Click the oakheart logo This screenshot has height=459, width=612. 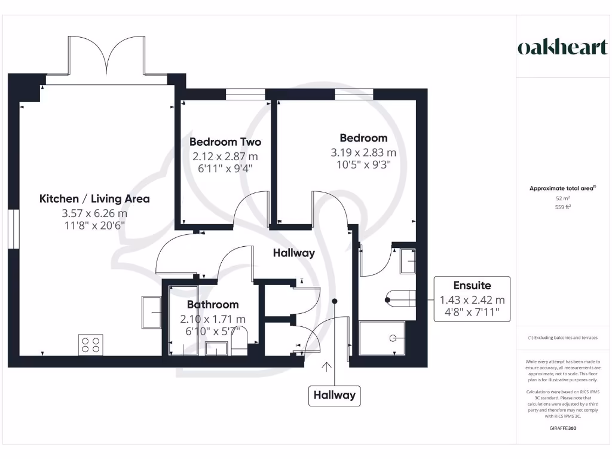562,48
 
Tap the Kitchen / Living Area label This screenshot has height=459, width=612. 94,198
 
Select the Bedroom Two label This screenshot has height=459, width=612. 225,142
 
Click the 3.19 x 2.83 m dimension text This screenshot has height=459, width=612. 363,152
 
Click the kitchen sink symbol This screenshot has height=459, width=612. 151,311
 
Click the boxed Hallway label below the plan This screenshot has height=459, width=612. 335,395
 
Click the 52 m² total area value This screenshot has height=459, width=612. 562,198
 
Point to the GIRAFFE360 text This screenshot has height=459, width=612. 562,428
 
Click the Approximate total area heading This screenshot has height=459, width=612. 562,188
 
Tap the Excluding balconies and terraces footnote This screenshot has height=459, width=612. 562,338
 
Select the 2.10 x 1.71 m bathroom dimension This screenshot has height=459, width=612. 213,319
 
